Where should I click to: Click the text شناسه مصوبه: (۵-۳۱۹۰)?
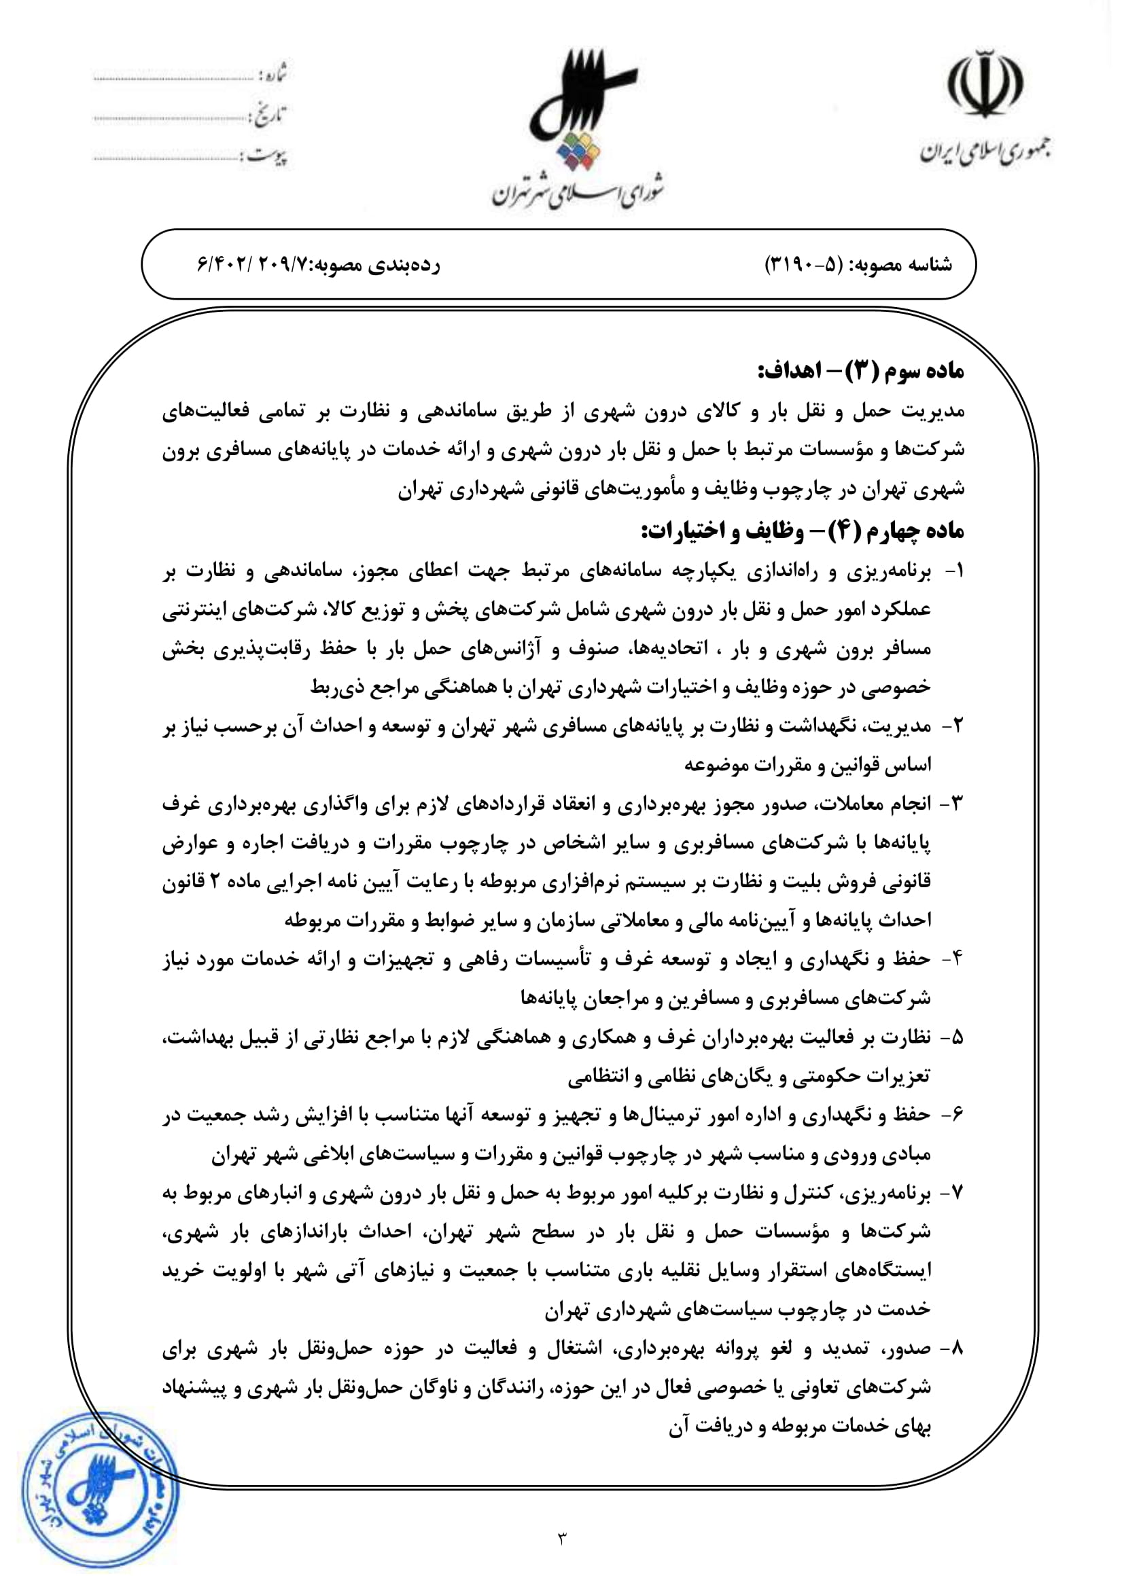tap(858, 265)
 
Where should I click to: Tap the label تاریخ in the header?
tap(270, 114)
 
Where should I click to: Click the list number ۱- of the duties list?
tap(953, 571)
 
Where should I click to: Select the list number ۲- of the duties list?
tap(953, 726)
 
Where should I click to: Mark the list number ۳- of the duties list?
tap(953, 804)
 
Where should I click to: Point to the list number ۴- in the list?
tap(953, 959)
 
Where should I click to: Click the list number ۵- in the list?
tap(953, 1037)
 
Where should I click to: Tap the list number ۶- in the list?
tap(953, 1115)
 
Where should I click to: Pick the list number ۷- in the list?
tap(953, 1193)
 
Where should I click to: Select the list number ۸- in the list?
tap(953, 1349)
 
